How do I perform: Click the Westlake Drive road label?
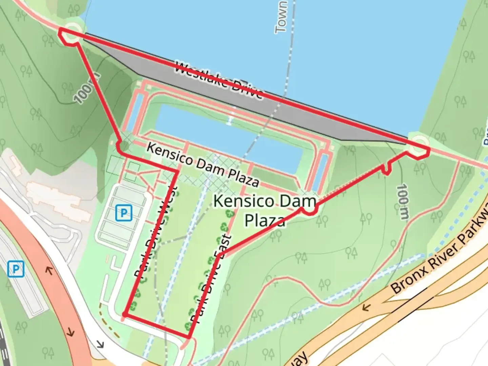tap(219, 80)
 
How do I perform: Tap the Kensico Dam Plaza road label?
tap(203, 164)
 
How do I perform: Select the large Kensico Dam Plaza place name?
tap(265, 210)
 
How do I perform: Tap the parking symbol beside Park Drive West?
tap(123, 213)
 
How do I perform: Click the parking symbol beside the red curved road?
tap(16, 269)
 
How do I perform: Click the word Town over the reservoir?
tap(281, 17)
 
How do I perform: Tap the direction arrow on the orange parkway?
tap(366, 308)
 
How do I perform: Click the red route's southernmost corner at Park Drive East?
tap(188, 337)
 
